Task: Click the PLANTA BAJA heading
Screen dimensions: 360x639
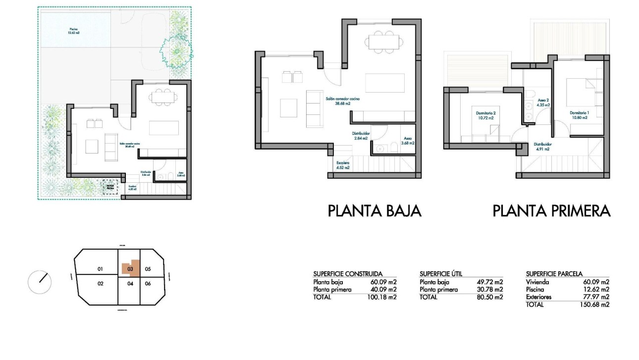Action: tap(374, 211)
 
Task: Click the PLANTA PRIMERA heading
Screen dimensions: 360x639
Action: tap(551, 211)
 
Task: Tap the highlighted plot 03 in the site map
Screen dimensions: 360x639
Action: tap(130, 269)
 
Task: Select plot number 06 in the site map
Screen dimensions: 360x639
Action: tap(148, 284)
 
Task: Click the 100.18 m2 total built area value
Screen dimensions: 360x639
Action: tap(384, 297)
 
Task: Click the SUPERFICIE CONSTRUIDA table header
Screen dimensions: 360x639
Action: tap(348, 274)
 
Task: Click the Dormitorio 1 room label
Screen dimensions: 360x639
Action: tap(578, 115)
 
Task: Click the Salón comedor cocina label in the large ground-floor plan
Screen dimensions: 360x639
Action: tap(342, 102)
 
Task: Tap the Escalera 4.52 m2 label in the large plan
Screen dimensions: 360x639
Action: tap(343, 165)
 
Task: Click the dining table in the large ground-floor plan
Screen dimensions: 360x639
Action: tap(384, 42)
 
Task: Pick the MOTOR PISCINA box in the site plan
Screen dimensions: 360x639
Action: tap(110, 188)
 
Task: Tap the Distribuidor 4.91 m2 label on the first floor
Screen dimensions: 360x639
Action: tap(543, 147)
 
